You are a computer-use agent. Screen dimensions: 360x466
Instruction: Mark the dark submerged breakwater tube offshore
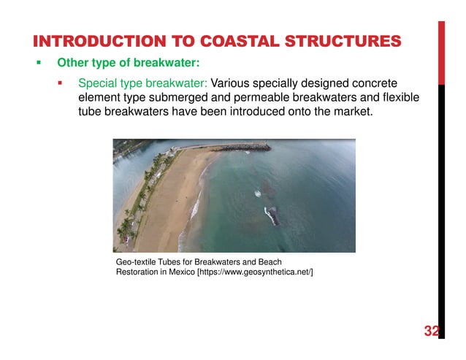pos(271,215)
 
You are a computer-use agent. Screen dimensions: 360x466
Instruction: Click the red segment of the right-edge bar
pos(441,51)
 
